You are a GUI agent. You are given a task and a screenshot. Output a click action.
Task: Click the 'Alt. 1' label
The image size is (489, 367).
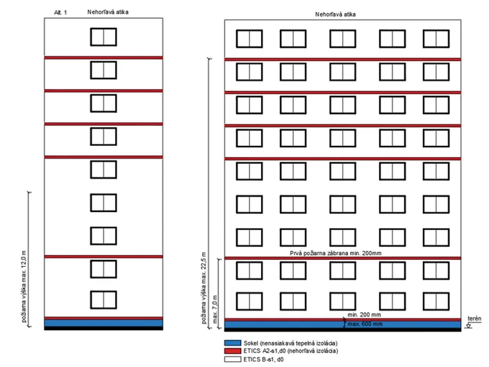coord(60,13)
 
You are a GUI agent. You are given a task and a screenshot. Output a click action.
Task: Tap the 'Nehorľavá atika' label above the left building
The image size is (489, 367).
coord(108,13)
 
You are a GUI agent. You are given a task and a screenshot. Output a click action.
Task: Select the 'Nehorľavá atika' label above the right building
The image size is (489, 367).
coord(335,15)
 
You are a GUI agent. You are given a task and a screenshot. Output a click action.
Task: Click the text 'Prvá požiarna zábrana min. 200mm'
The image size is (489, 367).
coord(335,253)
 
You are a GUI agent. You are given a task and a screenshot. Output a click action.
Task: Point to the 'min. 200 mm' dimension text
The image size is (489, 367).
coord(364,315)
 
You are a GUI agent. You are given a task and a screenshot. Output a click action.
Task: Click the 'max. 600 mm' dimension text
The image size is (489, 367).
coord(365,324)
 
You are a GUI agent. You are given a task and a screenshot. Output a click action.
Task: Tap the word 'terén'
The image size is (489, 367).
coord(474,318)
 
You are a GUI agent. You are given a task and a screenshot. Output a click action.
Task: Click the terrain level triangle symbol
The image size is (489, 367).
coord(468,325)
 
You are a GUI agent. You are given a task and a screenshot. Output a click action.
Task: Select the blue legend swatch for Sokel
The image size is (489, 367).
coord(233,343)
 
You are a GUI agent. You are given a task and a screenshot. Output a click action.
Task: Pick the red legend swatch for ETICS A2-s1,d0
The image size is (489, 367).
coord(233,351)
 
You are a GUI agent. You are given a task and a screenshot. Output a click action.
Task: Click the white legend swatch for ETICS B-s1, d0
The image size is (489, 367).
coord(233,359)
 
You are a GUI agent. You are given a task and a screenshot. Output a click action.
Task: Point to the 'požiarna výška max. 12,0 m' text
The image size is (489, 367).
coord(24,286)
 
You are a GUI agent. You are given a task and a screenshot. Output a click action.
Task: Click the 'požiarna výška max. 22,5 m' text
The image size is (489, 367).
coord(204,288)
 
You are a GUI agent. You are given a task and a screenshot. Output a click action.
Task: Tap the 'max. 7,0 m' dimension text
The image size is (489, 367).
coord(215,309)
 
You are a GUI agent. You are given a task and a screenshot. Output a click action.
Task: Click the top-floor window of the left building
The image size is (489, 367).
coord(103,37)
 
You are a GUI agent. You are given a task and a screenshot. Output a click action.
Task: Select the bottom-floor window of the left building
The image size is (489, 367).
coord(103,300)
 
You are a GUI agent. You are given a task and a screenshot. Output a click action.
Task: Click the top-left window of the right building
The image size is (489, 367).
coord(249,39)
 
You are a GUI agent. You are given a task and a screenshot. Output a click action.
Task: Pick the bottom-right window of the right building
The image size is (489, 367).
coord(436,302)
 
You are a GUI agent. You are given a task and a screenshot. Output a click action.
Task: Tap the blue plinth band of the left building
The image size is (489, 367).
coord(103,323)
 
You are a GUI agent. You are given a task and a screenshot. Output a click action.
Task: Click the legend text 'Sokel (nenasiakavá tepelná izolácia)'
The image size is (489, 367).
coord(290,343)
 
